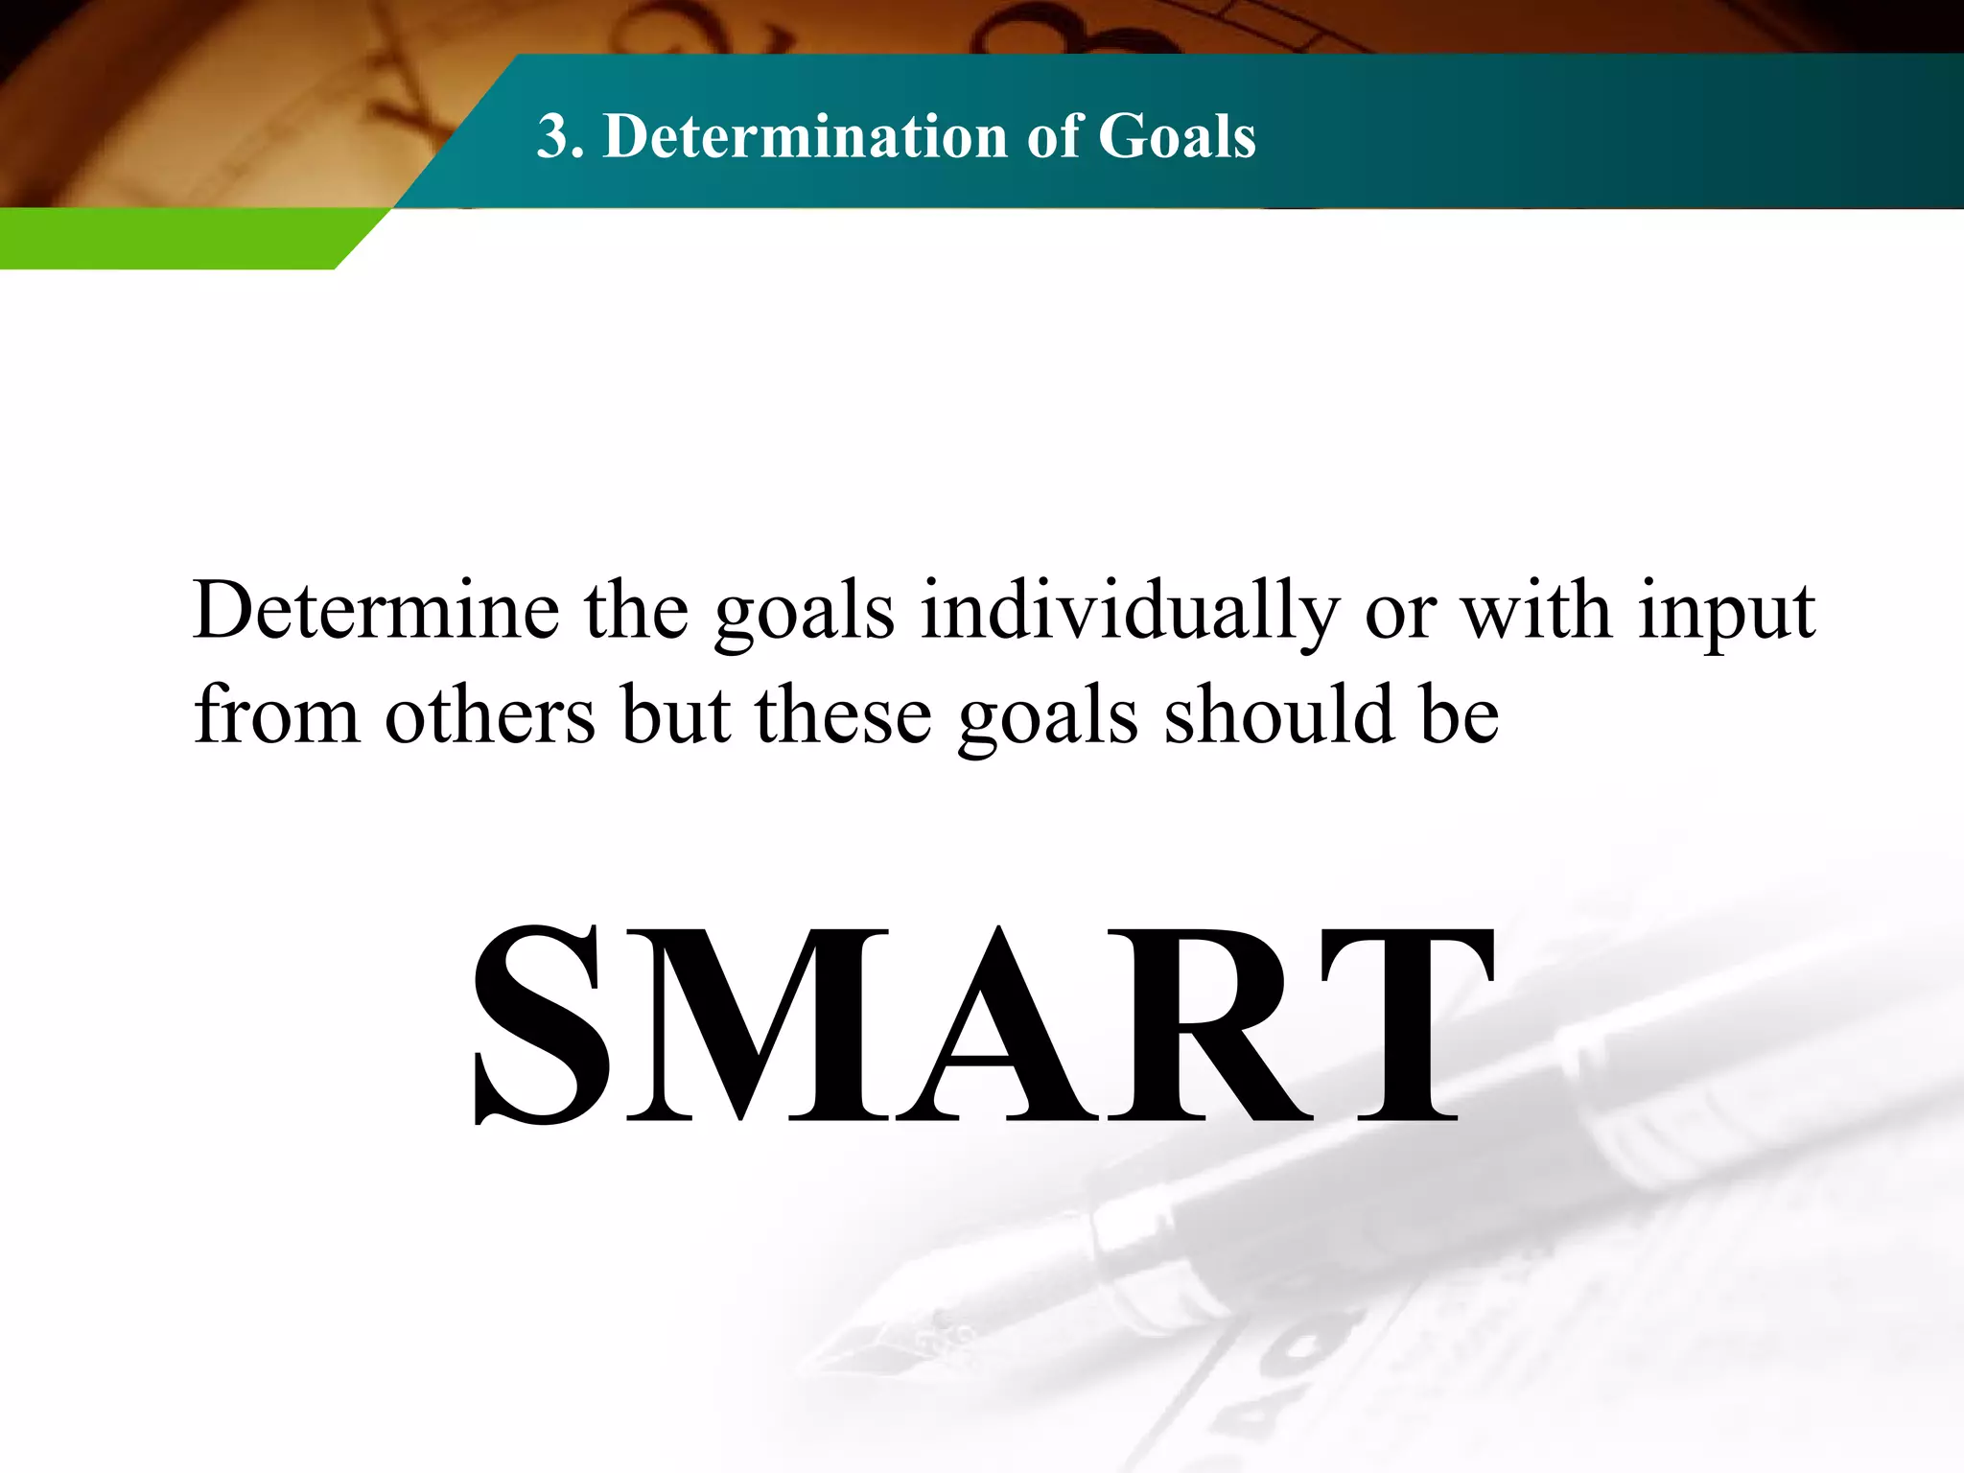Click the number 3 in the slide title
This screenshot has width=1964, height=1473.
click(557, 136)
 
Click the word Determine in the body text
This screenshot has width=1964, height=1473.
click(376, 611)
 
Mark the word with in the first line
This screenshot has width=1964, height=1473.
click(1536, 611)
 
